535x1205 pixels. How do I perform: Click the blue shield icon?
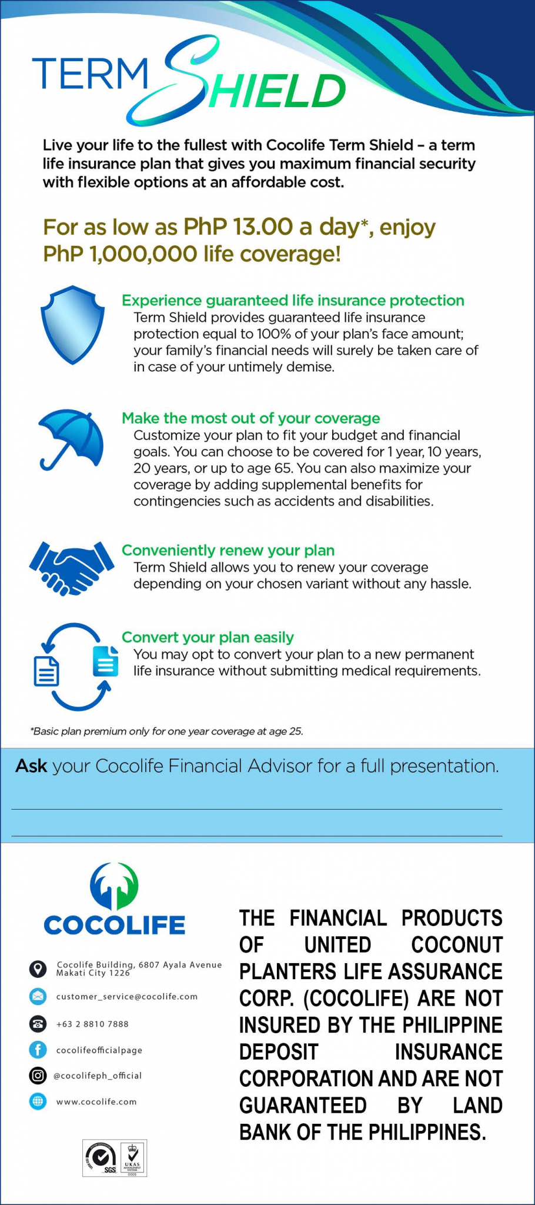72,324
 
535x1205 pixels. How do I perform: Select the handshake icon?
71,567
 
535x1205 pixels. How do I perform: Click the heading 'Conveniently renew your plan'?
228,550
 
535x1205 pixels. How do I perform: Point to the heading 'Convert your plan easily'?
208,637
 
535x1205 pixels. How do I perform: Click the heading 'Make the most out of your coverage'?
250,418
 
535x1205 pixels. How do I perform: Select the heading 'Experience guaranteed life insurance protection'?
293,301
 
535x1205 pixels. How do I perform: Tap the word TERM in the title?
91,74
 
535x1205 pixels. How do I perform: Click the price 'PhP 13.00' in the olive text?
238,227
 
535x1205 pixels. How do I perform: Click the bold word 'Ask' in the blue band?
31,766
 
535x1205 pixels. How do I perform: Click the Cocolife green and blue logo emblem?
114,886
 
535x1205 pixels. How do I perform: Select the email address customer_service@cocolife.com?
127,997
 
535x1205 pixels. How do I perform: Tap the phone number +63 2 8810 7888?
92,1024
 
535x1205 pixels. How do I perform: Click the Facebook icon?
38,1050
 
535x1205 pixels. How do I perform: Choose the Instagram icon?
38,1076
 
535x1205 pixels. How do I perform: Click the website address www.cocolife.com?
96,1101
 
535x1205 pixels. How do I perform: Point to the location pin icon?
38,968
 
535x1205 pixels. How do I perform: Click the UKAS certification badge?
132,1158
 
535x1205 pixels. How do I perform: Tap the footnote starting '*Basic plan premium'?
167,731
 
